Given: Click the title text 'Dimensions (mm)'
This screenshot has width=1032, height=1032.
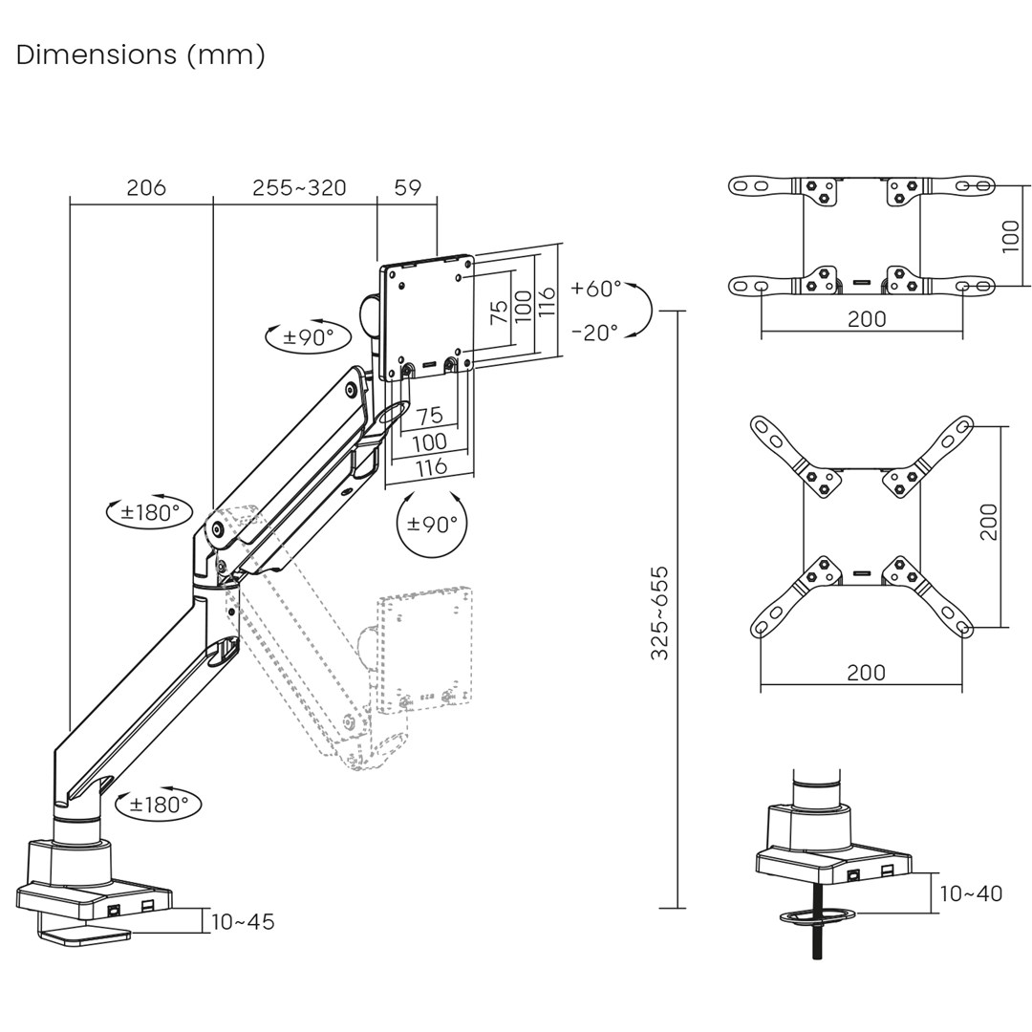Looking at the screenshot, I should (x=140, y=54).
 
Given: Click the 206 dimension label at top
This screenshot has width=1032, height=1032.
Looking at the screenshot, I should (x=146, y=187).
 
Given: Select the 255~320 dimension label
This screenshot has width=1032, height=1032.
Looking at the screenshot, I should (x=299, y=187).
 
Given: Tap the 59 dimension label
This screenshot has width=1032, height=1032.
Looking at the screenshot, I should (x=408, y=187).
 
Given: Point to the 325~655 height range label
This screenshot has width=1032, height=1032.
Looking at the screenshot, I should (x=660, y=613).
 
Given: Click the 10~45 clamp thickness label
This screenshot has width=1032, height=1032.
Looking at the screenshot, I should (x=243, y=922).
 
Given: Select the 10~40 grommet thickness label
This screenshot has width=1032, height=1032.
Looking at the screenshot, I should (x=971, y=893).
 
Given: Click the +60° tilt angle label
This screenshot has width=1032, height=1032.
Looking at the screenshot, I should (x=596, y=288).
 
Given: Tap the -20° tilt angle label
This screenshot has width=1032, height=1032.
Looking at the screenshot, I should (x=594, y=332).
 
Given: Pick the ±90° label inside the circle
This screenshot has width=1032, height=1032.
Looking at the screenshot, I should (x=432, y=525).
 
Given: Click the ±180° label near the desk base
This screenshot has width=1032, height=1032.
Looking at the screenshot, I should (x=159, y=805).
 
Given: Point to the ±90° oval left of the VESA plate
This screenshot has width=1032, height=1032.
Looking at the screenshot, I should (x=309, y=337).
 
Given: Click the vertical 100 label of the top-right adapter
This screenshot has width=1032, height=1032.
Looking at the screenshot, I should (x=1011, y=236).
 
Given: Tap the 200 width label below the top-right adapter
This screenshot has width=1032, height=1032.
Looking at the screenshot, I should (x=866, y=319).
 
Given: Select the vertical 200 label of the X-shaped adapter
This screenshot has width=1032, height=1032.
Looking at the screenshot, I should (x=989, y=522).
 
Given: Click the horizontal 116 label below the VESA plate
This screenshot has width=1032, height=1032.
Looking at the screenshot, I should (x=431, y=467).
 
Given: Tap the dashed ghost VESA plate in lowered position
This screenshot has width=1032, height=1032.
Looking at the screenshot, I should (x=424, y=650).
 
